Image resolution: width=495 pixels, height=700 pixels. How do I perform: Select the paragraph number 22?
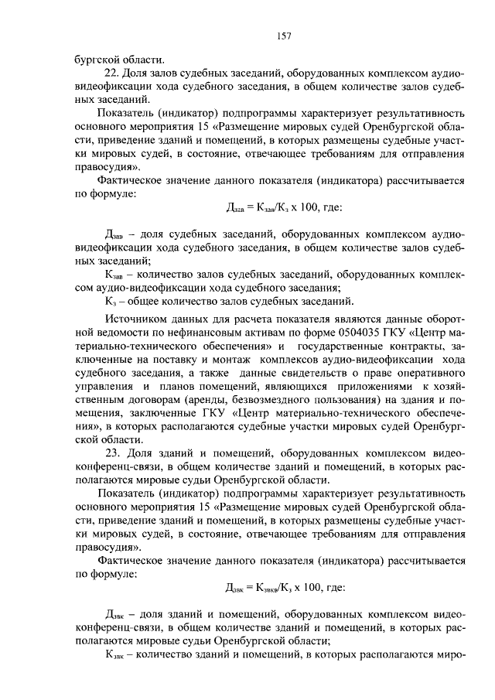click(x=111, y=72)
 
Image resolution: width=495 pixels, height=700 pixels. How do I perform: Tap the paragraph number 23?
click(x=111, y=452)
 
